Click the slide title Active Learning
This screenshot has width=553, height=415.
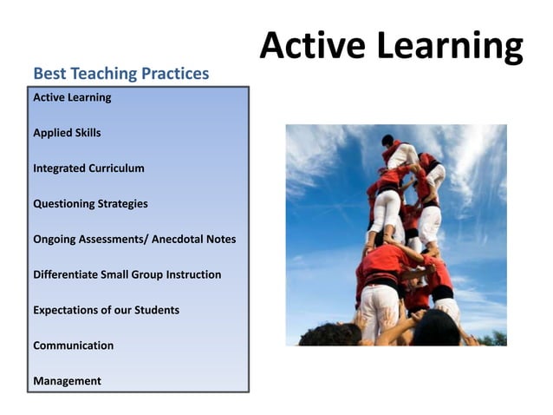pos(391,45)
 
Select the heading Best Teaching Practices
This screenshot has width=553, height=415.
pos(120,73)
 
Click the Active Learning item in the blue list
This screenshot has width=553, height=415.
pos(72,97)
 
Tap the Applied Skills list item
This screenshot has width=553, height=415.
pos(67,133)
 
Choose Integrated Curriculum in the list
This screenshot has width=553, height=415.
pos(88,168)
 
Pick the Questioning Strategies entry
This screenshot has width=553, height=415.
pos(90,204)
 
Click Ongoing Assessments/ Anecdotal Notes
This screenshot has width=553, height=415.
pos(134,239)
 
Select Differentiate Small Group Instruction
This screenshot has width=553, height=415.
pos(127,274)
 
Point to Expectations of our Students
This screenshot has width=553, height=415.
pos(106,310)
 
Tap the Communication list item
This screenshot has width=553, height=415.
pos(73,346)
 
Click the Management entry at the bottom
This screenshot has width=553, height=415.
pos(67,381)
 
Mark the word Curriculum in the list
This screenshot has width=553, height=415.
pos(115,168)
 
